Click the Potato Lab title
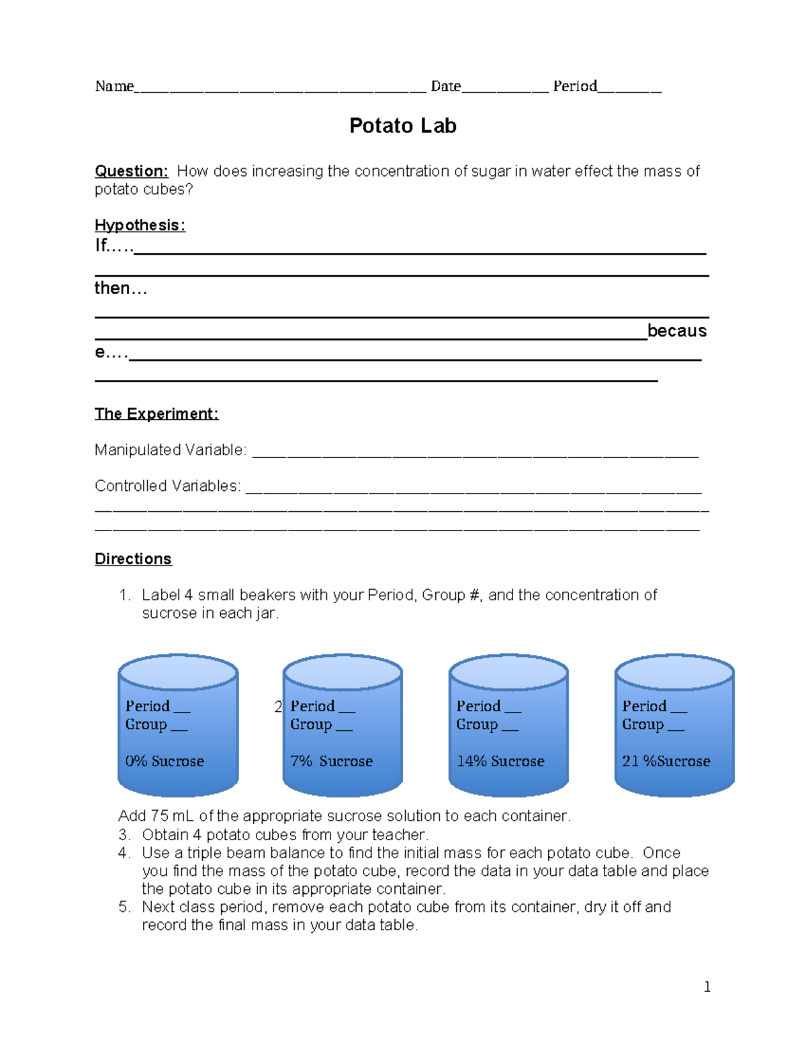pyautogui.click(x=402, y=126)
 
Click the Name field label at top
pyautogui.click(x=114, y=86)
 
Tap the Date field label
pyautogui.click(x=445, y=86)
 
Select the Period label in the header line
pyautogui.click(x=574, y=86)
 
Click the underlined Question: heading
pyautogui.click(x=131, y=171)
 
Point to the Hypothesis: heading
pyautogui.click(x=140, y=225)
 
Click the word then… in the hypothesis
pyautogui.click(x=120, y=288)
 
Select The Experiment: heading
pyautogui.click(x=156, y=414)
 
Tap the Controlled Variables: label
pyautogui.click(x=167, y=486)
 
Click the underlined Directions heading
pyautogui.click(x=133, y=559)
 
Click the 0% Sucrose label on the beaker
pyautogui.click(x=165, y=761)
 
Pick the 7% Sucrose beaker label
pyautogui.click(x=331, y=761)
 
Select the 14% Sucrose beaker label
pyautogui.click(x=500, y=761)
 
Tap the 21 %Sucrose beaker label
pyautogui.click(x=666, y=761)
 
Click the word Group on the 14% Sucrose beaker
pyautogui.click(x=477, y=724)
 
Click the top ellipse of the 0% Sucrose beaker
pyautogui.click(x=178, y=672)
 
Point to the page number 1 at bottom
pyautogui.click(x=707, y=987)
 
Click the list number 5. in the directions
pyautogui.click(x=124, y=907)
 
